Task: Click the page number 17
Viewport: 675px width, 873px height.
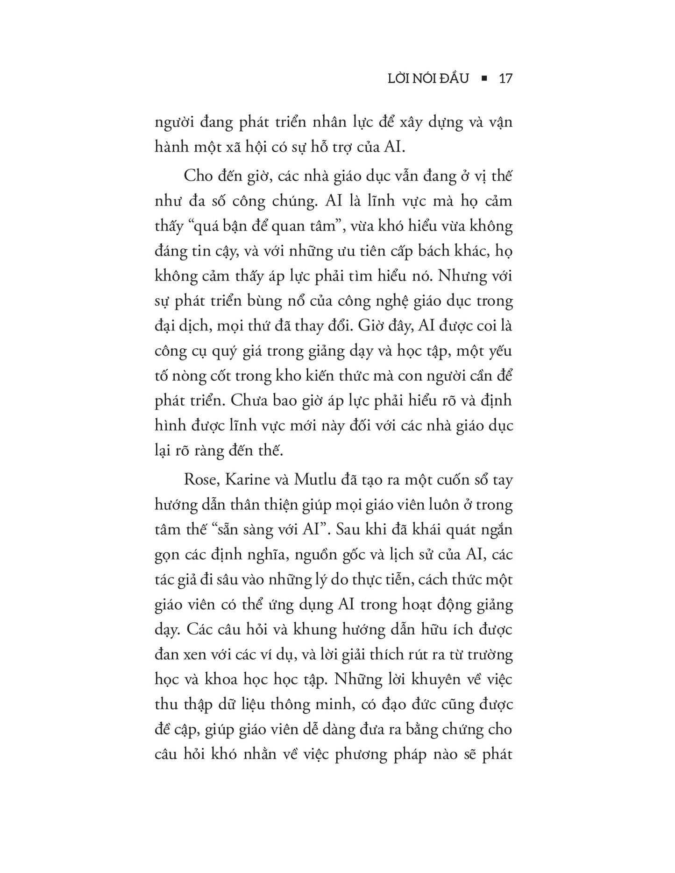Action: (506, 78)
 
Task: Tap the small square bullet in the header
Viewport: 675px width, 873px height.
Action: (484, 78)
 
